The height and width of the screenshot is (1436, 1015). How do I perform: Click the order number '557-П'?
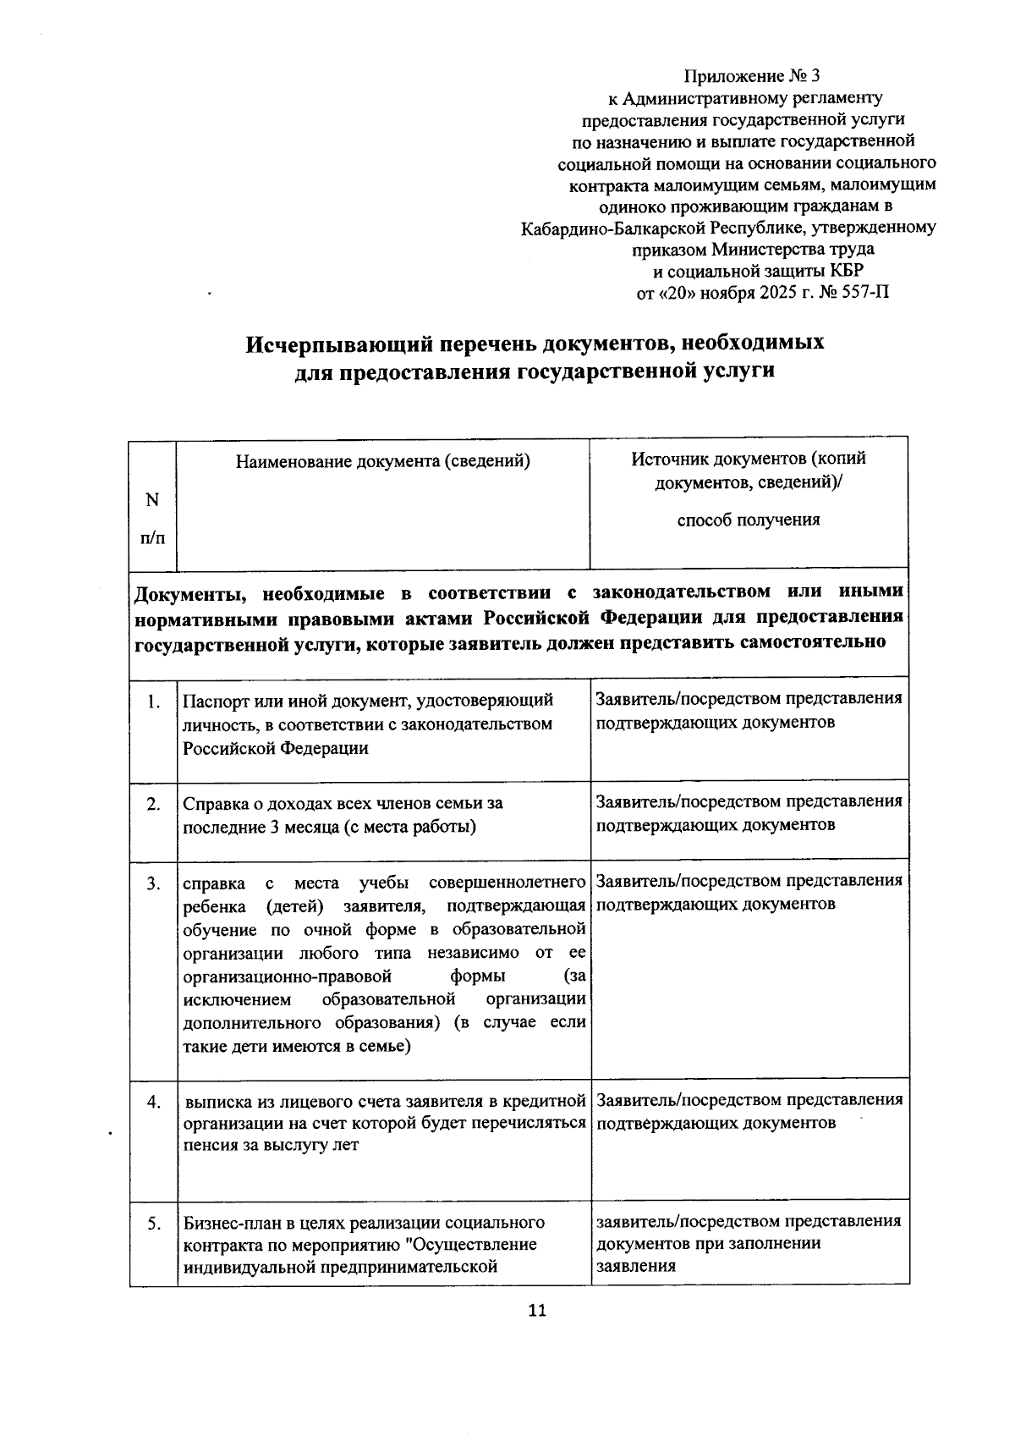(x=865, y=294)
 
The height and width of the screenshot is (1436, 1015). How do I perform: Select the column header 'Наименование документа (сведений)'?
(x=383, y=461)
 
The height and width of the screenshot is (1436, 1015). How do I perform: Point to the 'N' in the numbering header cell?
(x=152, y=500)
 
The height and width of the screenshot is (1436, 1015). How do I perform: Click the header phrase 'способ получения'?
(x=748, y=520)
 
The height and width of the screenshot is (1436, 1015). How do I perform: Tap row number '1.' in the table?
(x=153, y=701)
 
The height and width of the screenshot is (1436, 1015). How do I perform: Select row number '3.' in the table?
(x=153, y=884)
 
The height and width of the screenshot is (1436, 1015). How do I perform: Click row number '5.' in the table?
(x=153, y=1224)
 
